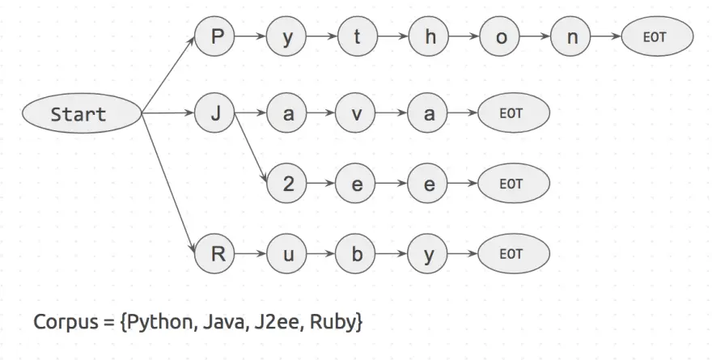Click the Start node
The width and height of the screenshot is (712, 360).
(x=79, y=114)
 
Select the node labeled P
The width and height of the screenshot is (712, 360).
(x=215, y=37)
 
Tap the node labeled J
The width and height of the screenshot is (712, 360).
(x=215, y=114)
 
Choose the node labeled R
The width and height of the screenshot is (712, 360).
(x=215, y=254)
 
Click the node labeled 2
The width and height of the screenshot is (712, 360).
(x=287, y=184)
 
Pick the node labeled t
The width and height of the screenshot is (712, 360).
(x=358, y=37)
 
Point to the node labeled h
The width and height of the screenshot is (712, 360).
(x=429, y=37)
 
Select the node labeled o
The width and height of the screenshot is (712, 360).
(x=500, y=37)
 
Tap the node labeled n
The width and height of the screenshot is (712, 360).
(x=572, y=37)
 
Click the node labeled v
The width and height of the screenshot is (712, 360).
(x=358, y=114)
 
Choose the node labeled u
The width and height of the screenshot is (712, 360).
(x=287, y=254)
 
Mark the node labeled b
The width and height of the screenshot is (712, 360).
(x=358, y=254)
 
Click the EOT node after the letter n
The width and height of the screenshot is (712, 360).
(x=657, y=37)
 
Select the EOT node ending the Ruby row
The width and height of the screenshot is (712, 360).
(x=513, y=254)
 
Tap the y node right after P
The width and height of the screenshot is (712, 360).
(x=287, y=37)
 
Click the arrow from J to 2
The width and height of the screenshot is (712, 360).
(x=252, y=149)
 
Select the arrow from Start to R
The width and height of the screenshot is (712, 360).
(x=169, y=184)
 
